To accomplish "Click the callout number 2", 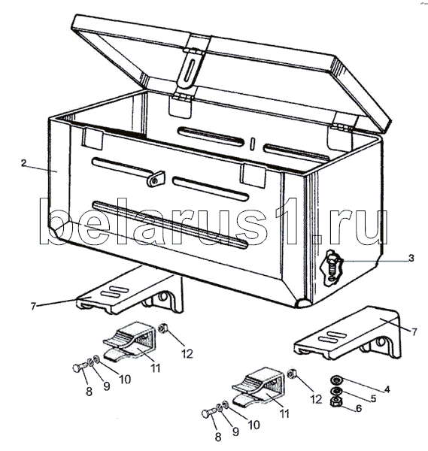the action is click(23, 163).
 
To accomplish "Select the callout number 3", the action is click(411, 258).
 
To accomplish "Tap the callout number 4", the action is click(387, 389).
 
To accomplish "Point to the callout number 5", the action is click(373, 398).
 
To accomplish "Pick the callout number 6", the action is click(359, 408).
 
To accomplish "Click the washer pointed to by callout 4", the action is click(335, 380).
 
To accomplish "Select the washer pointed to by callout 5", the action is click(335, 391).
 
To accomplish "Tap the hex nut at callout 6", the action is click(335, 402).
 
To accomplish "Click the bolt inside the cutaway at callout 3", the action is click(332, 266).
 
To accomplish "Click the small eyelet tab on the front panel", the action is click(156, 179).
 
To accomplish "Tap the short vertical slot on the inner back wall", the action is click(253, 144).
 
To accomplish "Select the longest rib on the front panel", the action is click(170, 225).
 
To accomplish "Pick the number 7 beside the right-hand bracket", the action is click(414, 332).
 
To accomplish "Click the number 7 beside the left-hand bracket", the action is click(33, 307).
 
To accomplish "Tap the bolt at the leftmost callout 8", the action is click(80, 368).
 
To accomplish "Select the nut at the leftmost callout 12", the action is click(163, 328).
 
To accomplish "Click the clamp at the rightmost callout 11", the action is click(258, 388).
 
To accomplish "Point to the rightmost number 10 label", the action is click(253, 425).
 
